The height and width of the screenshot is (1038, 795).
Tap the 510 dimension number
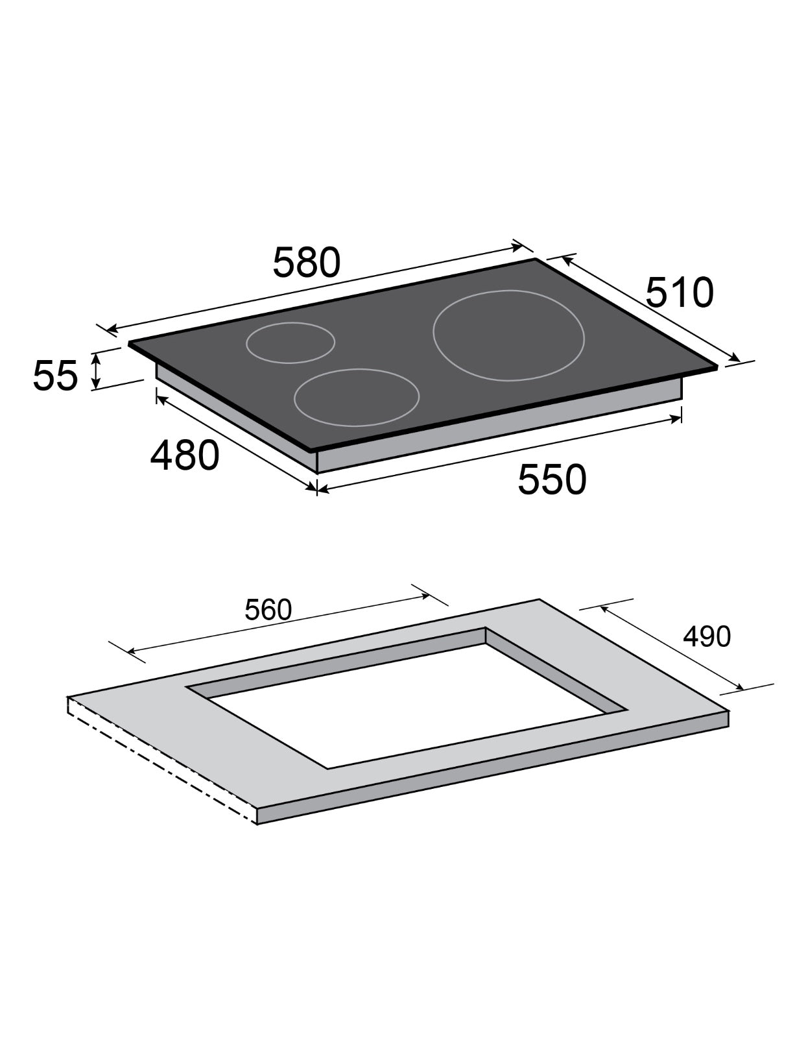[x=679, y=292]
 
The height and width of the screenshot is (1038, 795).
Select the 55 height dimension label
[x=55, y=376]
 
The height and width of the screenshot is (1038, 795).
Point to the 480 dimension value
[x=184, y=455]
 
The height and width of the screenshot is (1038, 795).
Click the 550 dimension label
[x=551, y=479]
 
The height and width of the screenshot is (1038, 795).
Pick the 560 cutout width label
[x=268, y=610]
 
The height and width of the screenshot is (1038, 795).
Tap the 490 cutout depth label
[x=706, y=636]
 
